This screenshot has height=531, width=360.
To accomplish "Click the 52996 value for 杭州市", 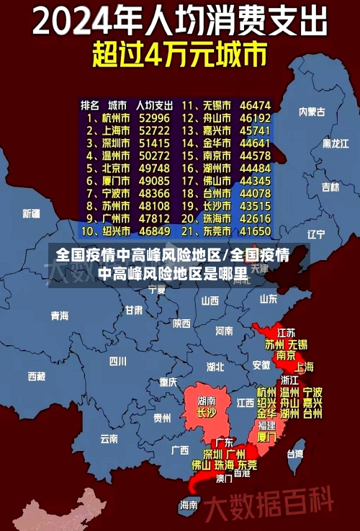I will tap(155, 117).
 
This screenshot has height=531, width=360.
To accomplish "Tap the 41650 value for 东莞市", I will tap(256, 231).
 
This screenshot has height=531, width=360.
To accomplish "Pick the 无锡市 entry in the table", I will tap(216, 104).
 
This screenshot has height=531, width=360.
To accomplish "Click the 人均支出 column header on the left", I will tap(153, 104).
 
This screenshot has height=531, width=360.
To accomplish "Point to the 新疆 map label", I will tap(31, 213).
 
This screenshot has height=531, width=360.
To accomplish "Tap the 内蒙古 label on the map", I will tap(312, 112).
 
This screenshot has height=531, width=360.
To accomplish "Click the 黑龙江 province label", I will tap(335, 143).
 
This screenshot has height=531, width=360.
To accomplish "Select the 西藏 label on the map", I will tap(36, 375).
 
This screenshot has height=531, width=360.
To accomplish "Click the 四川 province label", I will tap(117, 361).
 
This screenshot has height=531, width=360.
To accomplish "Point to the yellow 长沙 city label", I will tap(206, 413).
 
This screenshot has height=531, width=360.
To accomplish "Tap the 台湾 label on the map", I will tap(295, 454).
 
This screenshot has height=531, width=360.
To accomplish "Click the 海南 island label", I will tap(189, 504).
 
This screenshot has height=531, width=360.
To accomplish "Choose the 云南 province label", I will tap(109, 437).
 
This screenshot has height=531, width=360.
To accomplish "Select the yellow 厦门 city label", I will tap(266, 436).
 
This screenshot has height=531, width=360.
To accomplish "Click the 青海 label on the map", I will tap(59, 316).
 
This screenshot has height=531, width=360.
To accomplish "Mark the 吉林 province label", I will tap(330, 187).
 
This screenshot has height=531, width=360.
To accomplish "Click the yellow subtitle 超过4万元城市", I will tap(179, 53).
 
